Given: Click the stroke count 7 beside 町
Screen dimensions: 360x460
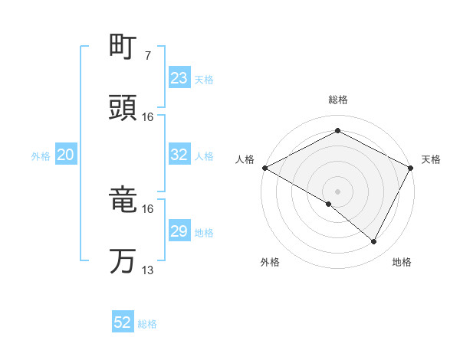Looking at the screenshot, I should pyautogui.click(x=147, y=56).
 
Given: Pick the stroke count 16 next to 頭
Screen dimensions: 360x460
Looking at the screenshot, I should pyautogui.click(x=148, y=117).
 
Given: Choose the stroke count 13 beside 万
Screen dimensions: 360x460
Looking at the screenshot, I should pyautogui.click(x=148, y=270).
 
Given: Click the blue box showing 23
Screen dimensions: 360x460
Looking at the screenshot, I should pyautogui.click(x=179, y=78).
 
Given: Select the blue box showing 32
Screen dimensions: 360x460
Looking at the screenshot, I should pyautogui.click(x=179, y=155).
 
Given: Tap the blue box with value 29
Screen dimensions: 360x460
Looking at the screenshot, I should pyautogui.click(x=179, y=231).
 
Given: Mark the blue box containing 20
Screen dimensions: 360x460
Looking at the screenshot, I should pyautogui.click(x=65, y=155).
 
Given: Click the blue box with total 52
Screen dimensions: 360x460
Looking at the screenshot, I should pyautogui.click(x=123, y=322).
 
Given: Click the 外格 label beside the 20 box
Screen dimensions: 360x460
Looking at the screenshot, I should pyautogui.click(x=41, y=155).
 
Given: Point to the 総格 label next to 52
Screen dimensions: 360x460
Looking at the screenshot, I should pyautogui.click(x=147, y=324).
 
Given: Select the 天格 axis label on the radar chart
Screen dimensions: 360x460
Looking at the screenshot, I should pyautogui.click(x=431, y=159).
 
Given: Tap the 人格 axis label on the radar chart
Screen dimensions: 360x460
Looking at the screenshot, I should pyautogui.click(x=245, y=159).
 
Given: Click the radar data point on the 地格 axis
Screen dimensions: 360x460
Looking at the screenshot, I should pyautogui.click(x=374, y=242).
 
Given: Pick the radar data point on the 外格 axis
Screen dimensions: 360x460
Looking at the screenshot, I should pyautogui.click(x=329, y=204).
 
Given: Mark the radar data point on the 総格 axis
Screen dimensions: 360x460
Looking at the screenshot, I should pyautogui.click(x=337, y=130).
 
